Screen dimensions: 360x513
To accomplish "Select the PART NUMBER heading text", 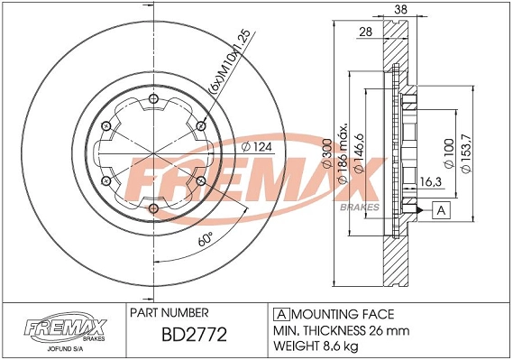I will [x=171, y=314].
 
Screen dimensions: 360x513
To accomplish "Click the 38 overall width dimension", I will [x=400, y=10].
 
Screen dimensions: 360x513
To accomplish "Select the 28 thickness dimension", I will [x=366, y=32].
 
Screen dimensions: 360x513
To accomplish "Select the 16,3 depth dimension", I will [x=430, y=183].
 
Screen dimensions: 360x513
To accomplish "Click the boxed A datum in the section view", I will [x=440, y=210].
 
